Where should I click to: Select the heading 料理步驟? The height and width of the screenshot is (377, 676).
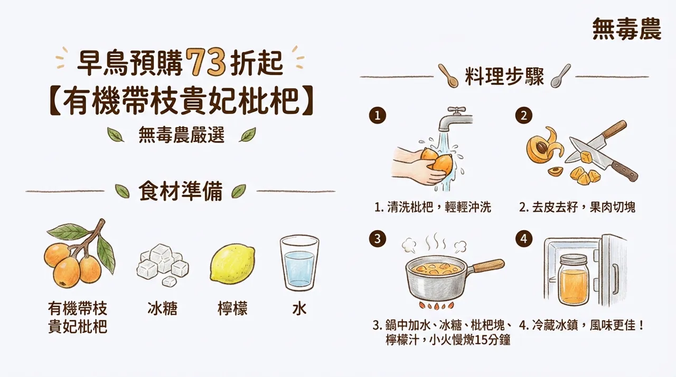point(504,77)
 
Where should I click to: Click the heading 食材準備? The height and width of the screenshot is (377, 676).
point(181,191)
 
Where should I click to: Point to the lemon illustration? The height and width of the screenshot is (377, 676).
point(232,263)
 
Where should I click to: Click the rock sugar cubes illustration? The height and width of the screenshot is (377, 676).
point(163,263)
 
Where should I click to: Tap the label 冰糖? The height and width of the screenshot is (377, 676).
point(163,308)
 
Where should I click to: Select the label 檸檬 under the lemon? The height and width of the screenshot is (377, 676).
point(232,308)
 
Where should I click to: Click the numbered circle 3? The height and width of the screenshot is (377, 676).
point(377,239)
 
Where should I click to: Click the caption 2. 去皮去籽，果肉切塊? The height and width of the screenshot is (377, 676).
point(577,208)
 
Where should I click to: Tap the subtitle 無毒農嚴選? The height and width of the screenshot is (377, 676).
point(182,136)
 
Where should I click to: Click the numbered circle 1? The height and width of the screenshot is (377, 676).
point(377,116)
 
